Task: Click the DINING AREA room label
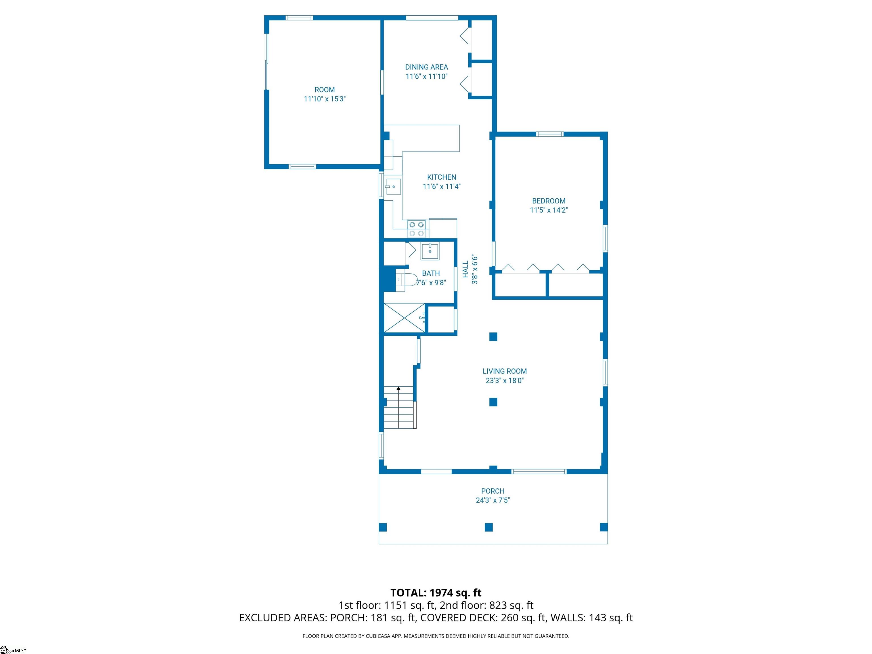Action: point(427,67)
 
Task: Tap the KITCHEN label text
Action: point(441,177)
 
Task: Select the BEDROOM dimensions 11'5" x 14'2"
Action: point(549,210)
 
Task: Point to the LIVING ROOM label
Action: point(505,371)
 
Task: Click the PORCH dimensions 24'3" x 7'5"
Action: point(493,500)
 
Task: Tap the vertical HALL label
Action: point(466,269)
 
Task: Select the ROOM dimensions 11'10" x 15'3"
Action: point(324,99)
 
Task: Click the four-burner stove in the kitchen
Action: point(417,229)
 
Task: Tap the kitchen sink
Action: point(393,187)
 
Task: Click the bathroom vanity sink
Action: point(430,251)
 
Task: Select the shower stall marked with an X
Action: point(404,318)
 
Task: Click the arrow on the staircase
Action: point(399,408)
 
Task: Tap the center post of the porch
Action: point(489,527)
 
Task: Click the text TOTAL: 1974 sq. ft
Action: point(436,593)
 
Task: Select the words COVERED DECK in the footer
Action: point(459,618)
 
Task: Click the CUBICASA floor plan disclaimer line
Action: point(436,636)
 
